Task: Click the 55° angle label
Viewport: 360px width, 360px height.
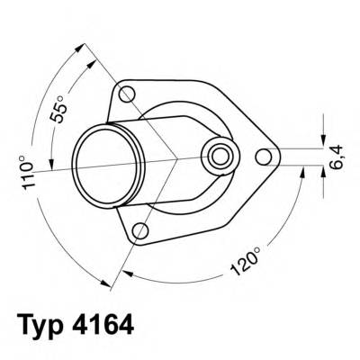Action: [57, 108]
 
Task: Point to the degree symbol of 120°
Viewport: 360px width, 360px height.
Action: [257, 241]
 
